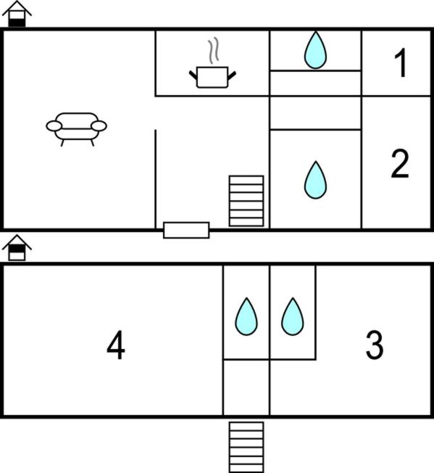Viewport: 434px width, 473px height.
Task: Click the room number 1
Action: coord(401,62)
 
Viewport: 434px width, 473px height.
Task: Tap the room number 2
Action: coord(400,163)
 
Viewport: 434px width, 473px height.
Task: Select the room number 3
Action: coord(375,345)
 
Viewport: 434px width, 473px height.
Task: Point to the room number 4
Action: coord(116,345)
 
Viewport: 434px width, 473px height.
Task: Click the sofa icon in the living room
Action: coord(76,129)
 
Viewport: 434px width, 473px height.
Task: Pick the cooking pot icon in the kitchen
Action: coord(212,77)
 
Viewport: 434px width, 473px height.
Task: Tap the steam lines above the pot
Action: coord(214,50)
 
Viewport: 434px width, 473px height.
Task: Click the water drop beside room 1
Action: coord(315,50)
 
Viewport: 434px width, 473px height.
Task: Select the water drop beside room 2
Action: coord(315,180)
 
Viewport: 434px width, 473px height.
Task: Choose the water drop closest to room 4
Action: coord(246,316)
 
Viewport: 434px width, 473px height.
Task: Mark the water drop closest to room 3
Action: coord(293,316)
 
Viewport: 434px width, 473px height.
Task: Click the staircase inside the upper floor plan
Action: coord(246,201)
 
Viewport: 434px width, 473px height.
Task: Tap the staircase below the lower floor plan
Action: coord(246,447)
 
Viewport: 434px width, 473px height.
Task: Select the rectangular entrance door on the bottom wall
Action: coord(186,230)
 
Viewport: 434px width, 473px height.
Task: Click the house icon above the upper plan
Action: coord(17,14)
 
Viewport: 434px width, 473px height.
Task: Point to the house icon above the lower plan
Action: coord(17,247)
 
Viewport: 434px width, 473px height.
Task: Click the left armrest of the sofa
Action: coord(54,126)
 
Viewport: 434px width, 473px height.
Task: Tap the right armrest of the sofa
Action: coord(99,126)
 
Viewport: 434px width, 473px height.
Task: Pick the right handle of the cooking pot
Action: coord(232,75)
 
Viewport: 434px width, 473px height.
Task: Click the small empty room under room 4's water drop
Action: coord(246,387)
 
